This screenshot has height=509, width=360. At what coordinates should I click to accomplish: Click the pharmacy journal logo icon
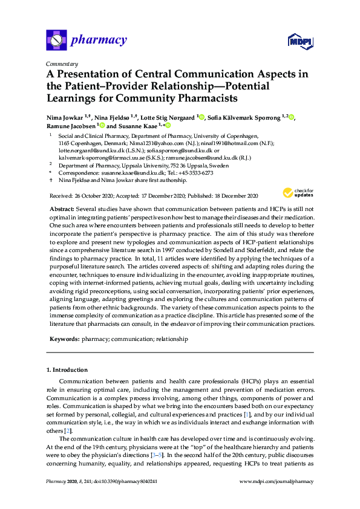tap(56, 41)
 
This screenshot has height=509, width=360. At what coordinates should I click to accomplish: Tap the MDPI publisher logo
tap(299, 41)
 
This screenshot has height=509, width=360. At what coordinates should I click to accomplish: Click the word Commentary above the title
tap(62, 63)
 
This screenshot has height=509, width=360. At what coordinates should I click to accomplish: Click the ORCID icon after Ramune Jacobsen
tap(102, 126)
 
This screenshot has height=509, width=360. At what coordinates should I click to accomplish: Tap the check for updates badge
tap(297, 193)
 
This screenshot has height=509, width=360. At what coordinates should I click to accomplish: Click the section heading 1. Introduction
tap(67, 370)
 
